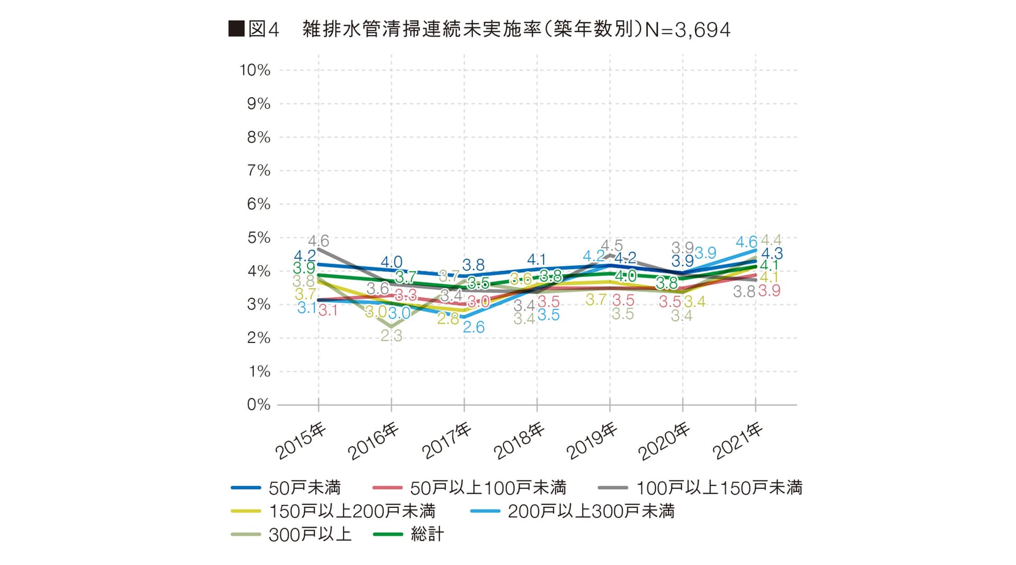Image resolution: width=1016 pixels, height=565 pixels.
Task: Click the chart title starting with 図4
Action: (x=479, y=30)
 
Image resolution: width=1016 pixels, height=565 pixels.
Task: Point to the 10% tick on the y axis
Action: (x=255, y=70)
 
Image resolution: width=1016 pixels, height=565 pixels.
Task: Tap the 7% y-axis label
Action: (x=258, y=171)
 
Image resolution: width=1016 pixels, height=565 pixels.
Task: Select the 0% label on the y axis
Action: (x=258, y=405)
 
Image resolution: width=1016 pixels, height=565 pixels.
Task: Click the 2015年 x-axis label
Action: (x=301, y=441)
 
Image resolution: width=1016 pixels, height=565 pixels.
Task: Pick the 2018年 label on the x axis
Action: (x=519, y=441)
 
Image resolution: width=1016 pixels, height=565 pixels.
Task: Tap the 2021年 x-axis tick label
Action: (x=737, y=441)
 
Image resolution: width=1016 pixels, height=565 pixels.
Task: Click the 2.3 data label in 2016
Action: (x=392, y=336)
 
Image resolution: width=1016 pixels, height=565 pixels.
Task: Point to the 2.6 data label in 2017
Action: (x=474, y=327)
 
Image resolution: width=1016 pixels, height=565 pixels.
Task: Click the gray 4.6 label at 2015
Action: (x=319, y=241)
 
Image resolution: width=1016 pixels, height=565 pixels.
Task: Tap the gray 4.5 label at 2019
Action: (x=612, y=246)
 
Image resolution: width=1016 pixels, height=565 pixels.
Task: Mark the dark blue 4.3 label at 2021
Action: (x=772, y=254)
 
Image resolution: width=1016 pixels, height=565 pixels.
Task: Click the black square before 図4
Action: (x=236, y=29)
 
